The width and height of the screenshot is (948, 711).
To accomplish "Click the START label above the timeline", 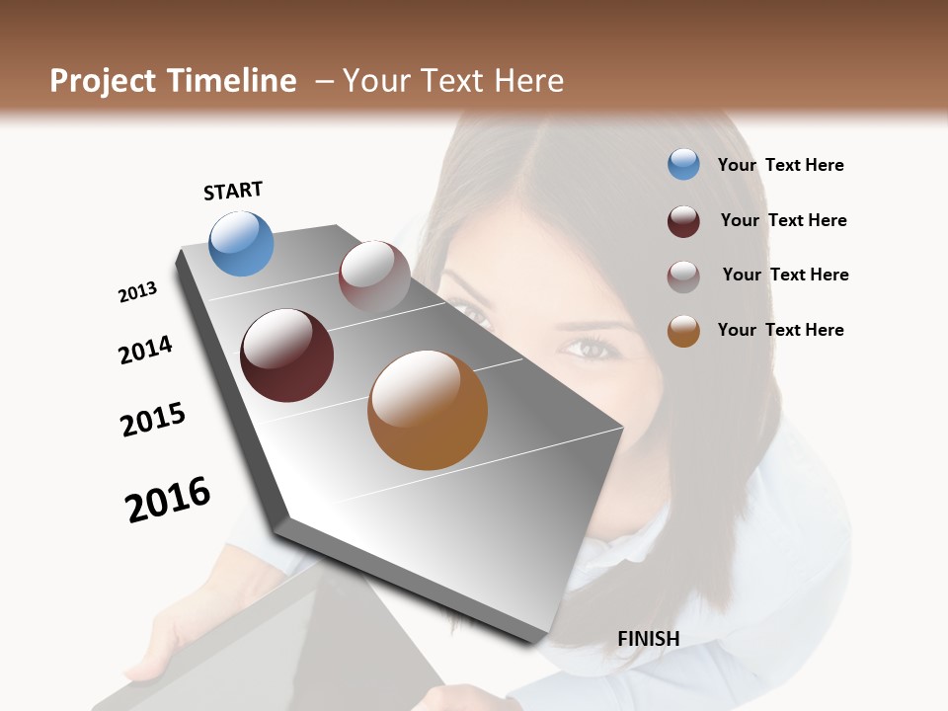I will coord(233,191).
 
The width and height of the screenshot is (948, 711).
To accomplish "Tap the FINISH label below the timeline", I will coord(648,639).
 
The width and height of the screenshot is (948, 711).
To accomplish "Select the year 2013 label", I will coord(137,292).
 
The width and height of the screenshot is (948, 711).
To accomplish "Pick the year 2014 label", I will coord(145,350).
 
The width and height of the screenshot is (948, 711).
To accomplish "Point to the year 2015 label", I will coord(153,419).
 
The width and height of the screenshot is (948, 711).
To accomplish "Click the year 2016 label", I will coord(168,499).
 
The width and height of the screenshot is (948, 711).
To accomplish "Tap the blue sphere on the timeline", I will coord(242,243).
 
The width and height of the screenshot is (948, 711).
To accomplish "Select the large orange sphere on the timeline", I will coord(428,410).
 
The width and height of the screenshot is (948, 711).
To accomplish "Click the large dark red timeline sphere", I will coord(287,355).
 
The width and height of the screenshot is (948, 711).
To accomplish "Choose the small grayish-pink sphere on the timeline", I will coord(374,276).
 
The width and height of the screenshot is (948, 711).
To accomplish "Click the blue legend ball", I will coord(683,165).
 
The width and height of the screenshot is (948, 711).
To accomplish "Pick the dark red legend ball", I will coord(683,220).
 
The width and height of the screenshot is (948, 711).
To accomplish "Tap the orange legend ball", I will coord(683,331).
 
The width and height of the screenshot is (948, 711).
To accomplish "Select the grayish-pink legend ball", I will coord(683,276).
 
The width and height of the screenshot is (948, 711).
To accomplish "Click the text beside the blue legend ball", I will coord(780,165).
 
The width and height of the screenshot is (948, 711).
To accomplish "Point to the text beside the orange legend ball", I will coord(780,330).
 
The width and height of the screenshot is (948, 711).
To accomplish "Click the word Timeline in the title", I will coord(232,81).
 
